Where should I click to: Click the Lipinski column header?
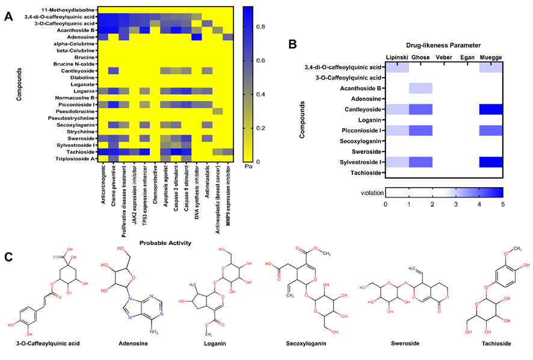click(x=397, y=57)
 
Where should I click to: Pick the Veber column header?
click(x=445, y=57)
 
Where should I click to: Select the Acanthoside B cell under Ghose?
click(x=421, y=88)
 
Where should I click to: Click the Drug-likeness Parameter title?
click(x=444, y=45)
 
